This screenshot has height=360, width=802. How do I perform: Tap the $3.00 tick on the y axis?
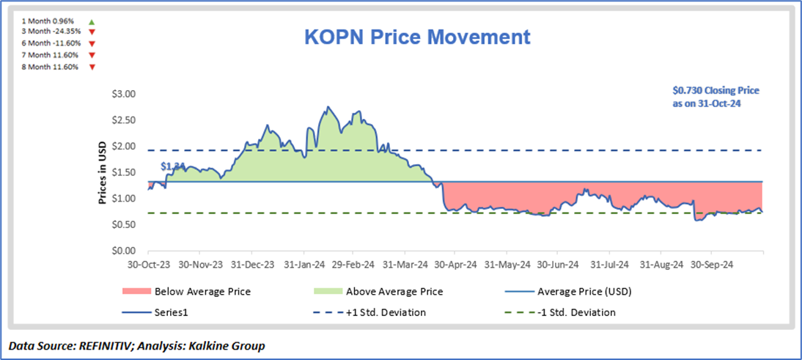(x=122, y=94)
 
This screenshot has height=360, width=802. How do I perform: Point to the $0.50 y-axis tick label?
(x=122, y=224)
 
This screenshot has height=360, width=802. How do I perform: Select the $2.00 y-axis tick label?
(x=122, y=146)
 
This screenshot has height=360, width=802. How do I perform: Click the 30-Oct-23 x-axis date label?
(x=148, y=264)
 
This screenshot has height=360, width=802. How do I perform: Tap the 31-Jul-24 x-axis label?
(x=610, y=264)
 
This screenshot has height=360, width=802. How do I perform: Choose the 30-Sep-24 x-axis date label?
(x=713, y=264)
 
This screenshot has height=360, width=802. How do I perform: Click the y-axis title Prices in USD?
(x=103, y=172)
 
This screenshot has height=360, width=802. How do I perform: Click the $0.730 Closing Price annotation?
(x=715, y=97)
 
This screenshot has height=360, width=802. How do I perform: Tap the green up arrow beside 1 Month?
(x=92, y=22)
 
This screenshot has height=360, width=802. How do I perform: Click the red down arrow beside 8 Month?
(x=92, y=67)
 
